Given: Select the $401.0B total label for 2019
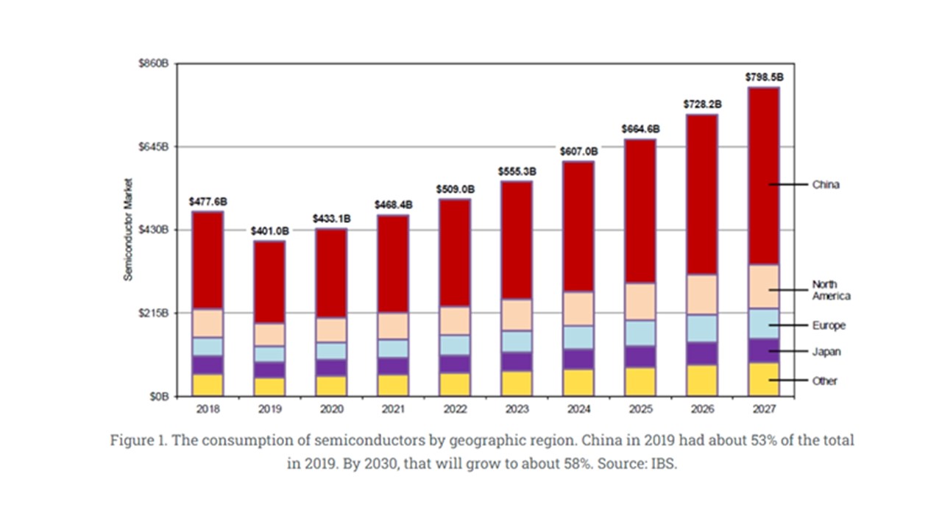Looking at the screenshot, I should point(269,230).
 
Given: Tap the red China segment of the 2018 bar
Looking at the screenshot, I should point(208,260).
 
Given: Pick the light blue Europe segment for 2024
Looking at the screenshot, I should point(578,337).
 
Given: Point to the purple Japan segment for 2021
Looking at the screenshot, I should point(393,366).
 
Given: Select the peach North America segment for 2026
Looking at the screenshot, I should point(701,294).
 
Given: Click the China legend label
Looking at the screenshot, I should point(825,185).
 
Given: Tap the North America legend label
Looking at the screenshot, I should point(831,290).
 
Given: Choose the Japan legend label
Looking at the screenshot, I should point(826,352).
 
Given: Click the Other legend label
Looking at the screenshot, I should point(824,381).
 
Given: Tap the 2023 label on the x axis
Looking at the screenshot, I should point(517,407).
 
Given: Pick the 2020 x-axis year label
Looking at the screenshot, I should point(331,407).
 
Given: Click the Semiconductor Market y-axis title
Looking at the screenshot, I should point(127,229).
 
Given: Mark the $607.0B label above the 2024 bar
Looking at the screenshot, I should point(578,151).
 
